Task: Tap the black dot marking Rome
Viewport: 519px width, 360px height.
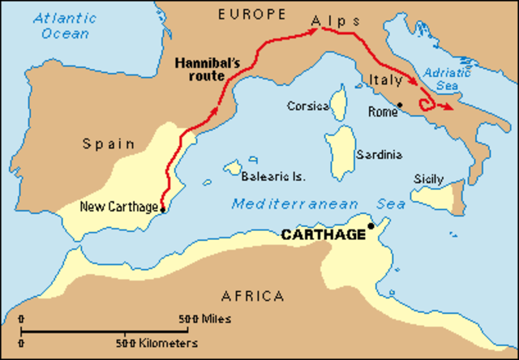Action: [x=400, y=105]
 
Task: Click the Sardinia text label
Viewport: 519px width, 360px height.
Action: [x=378, y=154]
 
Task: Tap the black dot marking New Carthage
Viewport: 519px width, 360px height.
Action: [x=163, y=209]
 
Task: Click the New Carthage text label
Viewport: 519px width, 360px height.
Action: [x=118, y=206]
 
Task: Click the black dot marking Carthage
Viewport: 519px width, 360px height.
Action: [x=371, y=226]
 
